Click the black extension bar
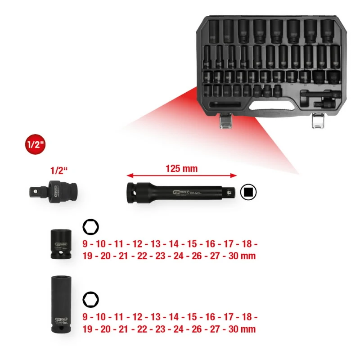(x=180, y=191)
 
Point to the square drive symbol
(x=248, y=192)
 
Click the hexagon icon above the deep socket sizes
(x=91, y=299)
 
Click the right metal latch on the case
(x=319, y=121)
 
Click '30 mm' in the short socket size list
(x=242, y=256)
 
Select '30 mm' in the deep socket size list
(x=242, y=328)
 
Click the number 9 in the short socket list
(x=86, y=244)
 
